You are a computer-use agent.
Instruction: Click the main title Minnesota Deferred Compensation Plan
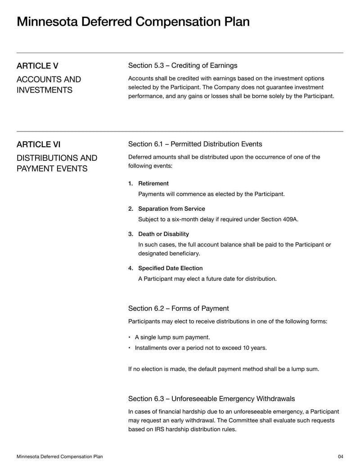[133, 22]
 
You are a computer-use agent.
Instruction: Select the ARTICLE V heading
[37, 66]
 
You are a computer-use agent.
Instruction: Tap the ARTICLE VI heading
[38, 145]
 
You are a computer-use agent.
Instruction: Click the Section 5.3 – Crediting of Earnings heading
[182, 66]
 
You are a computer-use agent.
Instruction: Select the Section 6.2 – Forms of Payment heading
[178, 308]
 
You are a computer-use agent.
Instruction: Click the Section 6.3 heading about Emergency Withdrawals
[211, 398]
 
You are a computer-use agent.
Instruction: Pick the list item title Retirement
[153, 184]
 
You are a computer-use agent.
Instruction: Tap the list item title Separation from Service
[171, 209]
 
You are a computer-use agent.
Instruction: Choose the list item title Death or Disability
[163, 234]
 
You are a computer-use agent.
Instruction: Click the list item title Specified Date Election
[170, 268]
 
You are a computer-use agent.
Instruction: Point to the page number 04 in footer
[340, 457]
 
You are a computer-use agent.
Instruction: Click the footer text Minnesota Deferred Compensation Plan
[59, 457]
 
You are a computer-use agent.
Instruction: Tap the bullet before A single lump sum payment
[130, 337]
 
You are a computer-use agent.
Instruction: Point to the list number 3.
[130, 234]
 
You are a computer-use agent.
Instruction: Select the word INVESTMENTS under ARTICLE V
[44, 90]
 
